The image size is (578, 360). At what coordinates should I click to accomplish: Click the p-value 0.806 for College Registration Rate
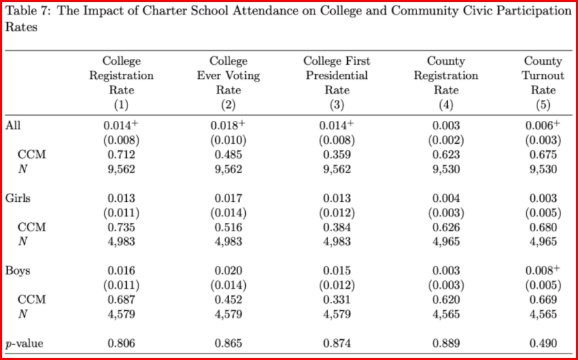(x=121, y=344)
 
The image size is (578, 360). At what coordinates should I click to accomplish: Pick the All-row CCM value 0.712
(x=121, y=155)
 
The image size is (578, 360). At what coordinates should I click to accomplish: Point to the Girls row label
(x=18, y=198)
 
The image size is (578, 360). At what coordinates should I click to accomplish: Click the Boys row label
(x=18, y=271)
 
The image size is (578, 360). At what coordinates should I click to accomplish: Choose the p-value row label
(x=24, y=344)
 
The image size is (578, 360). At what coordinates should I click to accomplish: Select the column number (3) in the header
(x=337, y=105)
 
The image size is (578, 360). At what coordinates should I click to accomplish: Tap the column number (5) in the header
(x=543, y=105)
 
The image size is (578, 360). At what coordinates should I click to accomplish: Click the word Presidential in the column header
(x=337, y=76)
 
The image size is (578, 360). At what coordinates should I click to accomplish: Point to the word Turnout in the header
(x=543, y=76)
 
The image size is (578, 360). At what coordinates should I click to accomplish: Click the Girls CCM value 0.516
(x=229, y=227)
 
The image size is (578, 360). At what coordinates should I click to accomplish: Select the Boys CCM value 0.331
(x=337, y=300)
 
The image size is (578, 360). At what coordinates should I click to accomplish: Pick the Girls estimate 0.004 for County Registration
(x=446, y=198)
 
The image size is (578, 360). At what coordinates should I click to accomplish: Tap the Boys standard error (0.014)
(x=229, y=286)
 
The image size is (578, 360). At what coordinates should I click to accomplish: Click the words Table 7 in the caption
(x=29, y=11)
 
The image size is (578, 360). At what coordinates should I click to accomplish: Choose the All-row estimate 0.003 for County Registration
(x=446, y=125)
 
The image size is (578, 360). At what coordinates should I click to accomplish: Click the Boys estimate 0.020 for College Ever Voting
(x=229, y=271)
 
